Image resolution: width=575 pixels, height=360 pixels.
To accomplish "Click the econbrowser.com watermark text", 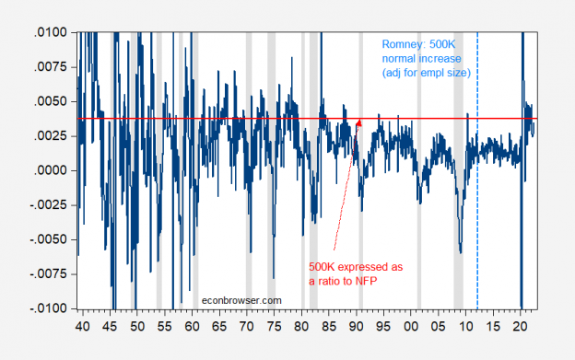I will point(242,299).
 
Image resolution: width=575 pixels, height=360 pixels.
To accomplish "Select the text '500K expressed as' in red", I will point(353,267).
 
